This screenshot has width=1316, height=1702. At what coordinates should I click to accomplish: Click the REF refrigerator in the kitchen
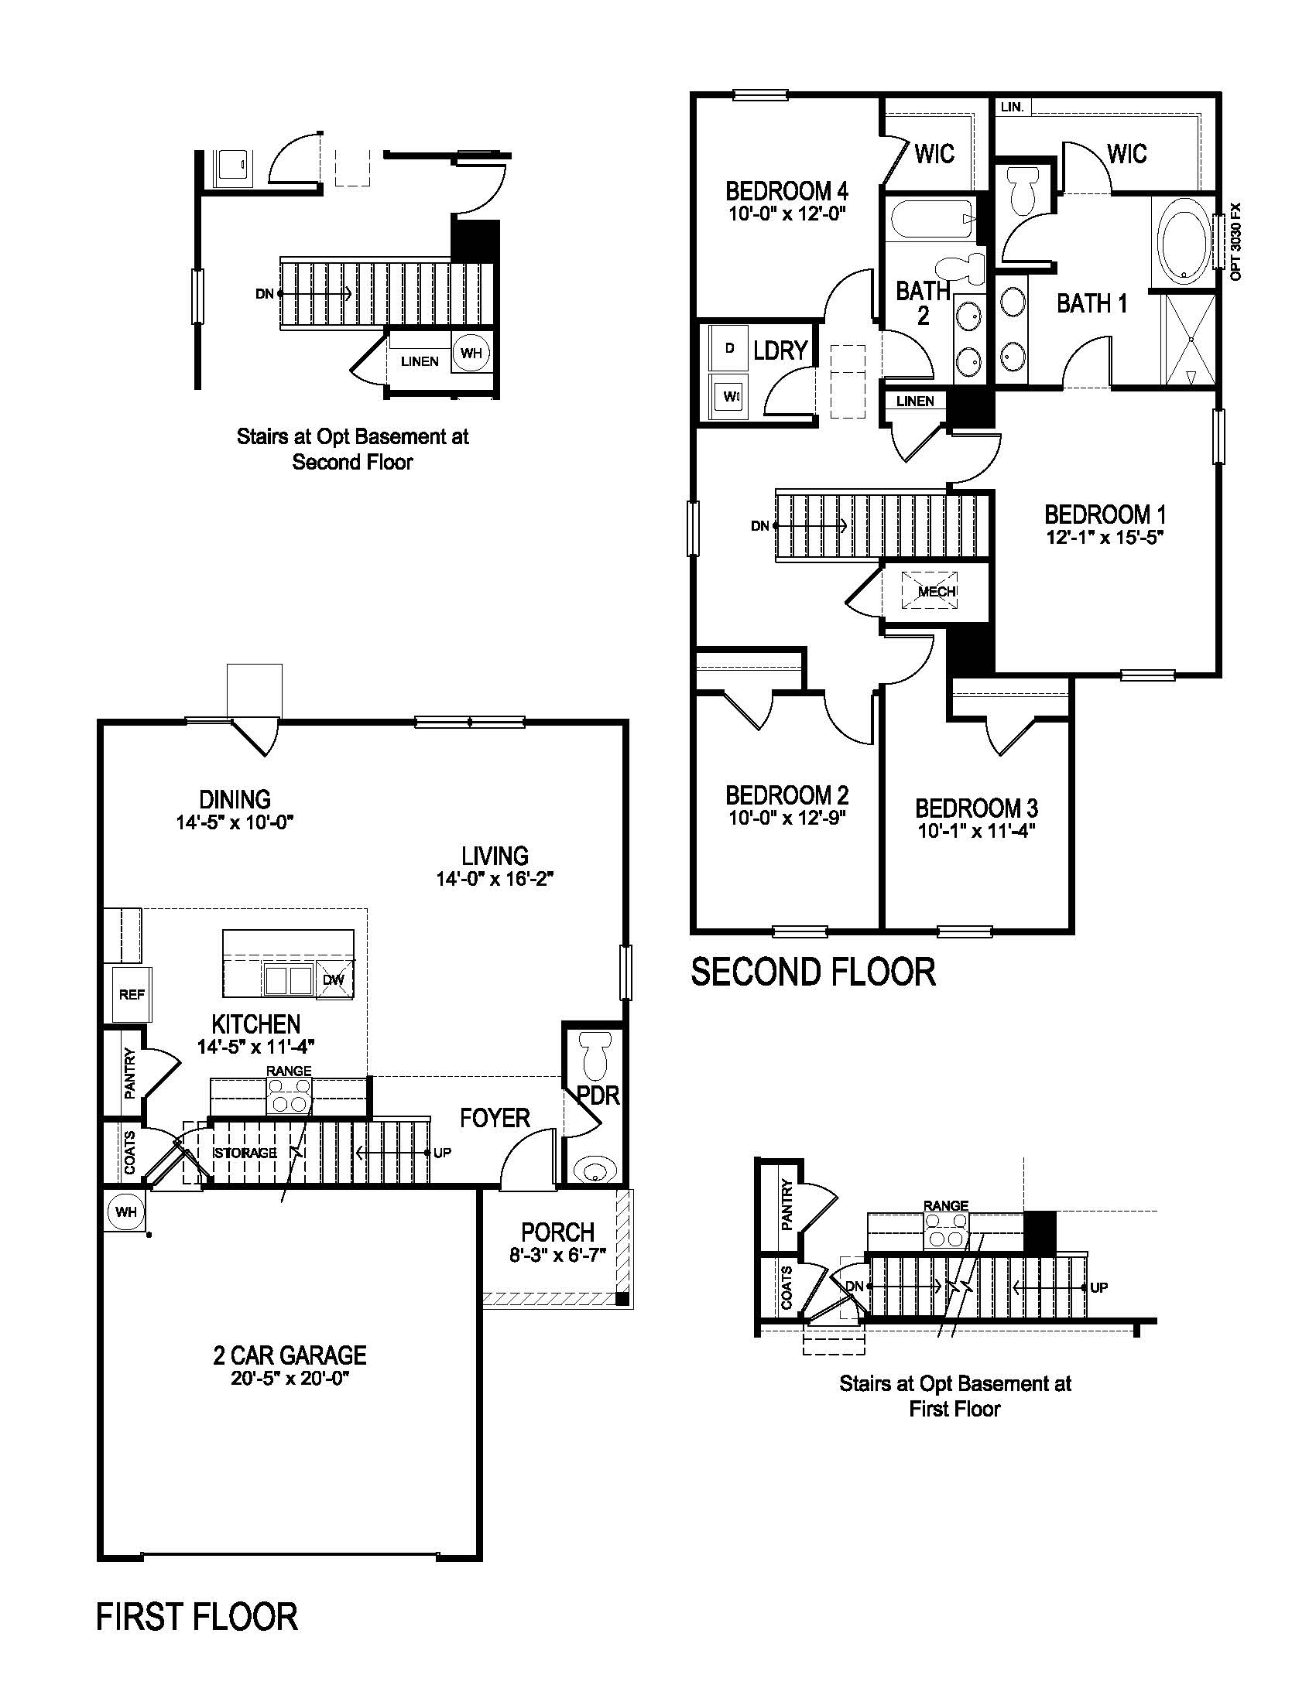pyautogui.click(x=132, y=993)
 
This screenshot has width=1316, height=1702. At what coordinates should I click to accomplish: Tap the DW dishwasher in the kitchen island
pyautogui.click(x=333, y=979)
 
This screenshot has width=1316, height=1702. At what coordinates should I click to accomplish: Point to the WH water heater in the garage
pyautogui.click(x=126, y=1212)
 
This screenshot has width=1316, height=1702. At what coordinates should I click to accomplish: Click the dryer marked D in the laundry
pyautogui.click(x=729, y=348)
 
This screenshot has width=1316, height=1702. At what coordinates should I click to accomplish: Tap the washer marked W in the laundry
pyautogui.click(x=730, y=396)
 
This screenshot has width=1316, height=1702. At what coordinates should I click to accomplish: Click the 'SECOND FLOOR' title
pyautogui.click(x=812, y=972)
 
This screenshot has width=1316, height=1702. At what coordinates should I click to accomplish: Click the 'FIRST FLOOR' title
pyautogui.click(x=197, y=1617)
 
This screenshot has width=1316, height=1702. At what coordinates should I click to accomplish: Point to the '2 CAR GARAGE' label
pyautogui.click(x=290, y=1355)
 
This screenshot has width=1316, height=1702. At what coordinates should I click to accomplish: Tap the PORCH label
pyautogui.click(x=557, y=1232)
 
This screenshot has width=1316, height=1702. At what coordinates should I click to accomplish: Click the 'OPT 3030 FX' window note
pyautogui.click(x=1233, y=241)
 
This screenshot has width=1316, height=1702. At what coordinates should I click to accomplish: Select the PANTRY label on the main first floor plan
pyautogui.click(x=129, y=1073)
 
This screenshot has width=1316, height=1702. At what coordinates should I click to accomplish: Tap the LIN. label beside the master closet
pyautogui.click(x=1012, y=107)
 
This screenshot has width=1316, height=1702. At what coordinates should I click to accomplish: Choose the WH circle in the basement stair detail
pyautogui.click(x=470, y=352)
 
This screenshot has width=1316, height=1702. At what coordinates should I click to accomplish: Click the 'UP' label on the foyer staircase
pyautogui.click(x=442, y=1152)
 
